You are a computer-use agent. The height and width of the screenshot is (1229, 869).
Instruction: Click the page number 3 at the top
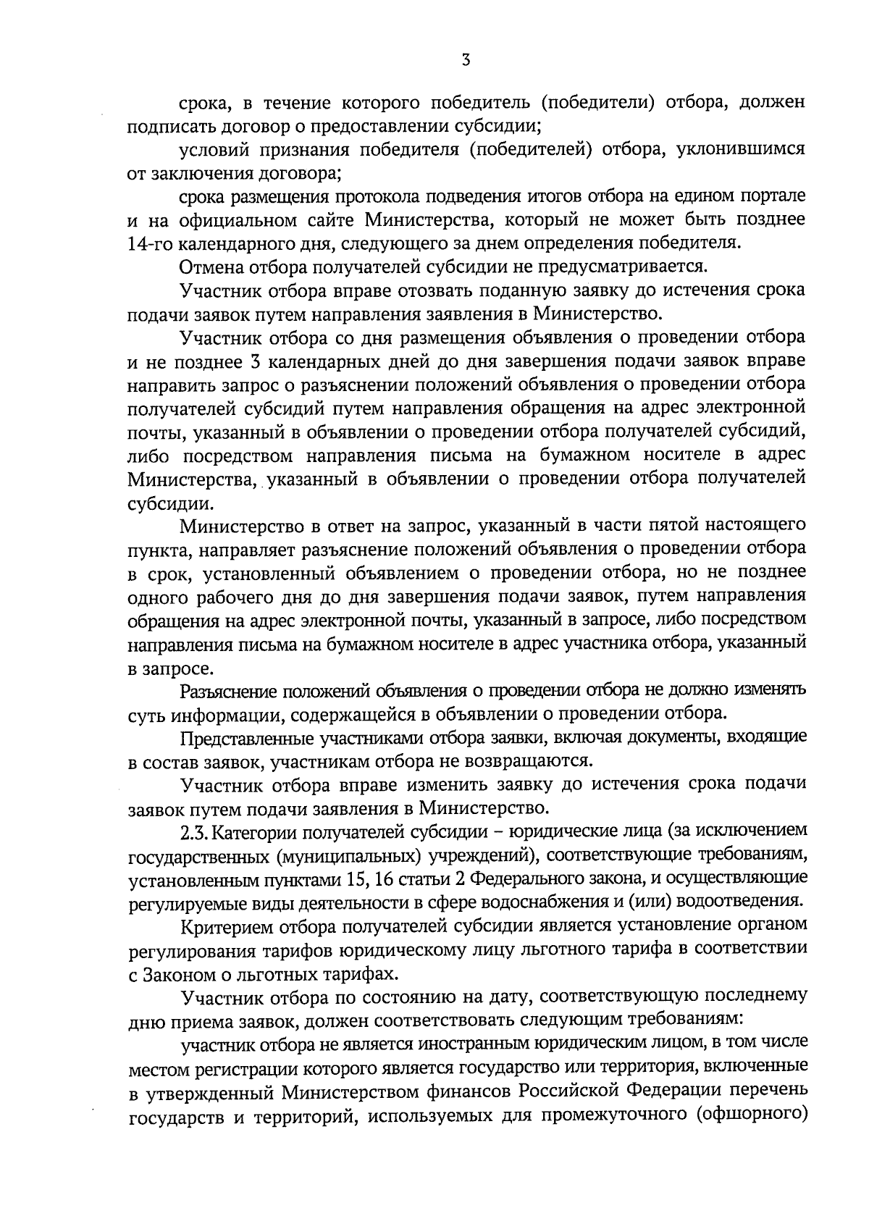point(466,61)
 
